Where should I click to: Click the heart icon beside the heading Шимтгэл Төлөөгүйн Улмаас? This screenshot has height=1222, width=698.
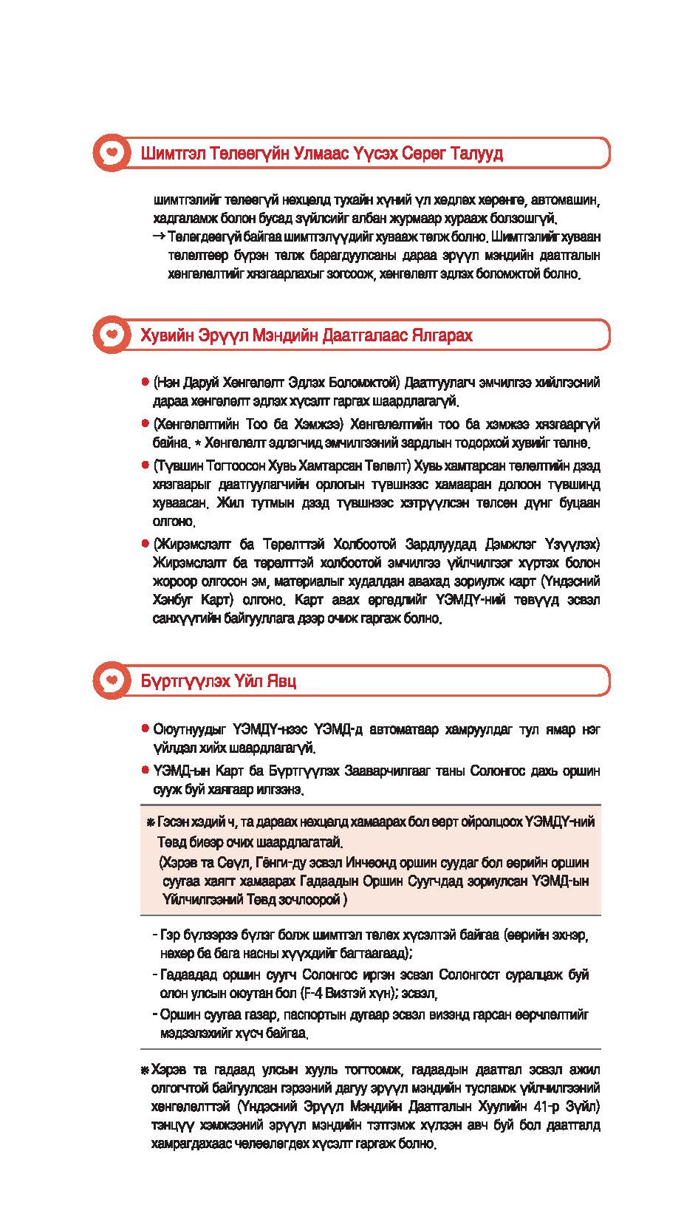click(111, 153)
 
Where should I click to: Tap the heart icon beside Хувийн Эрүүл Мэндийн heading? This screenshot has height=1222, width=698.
click(111, 335)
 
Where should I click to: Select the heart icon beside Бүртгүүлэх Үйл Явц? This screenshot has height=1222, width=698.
click(111, 680)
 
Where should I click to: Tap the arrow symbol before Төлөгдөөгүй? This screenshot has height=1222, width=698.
click(159, 237)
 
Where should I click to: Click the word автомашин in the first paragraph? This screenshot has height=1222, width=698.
click(569, 200)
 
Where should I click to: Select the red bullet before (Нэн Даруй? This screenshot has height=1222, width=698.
click(146, 383)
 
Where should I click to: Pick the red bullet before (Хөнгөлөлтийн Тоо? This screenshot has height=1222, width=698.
click(146, 424)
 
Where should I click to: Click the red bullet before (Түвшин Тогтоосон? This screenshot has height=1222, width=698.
click(146, 465)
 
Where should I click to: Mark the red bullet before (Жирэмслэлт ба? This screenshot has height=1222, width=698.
click(146, 544)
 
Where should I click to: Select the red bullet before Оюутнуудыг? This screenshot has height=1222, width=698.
click(146, 729)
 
